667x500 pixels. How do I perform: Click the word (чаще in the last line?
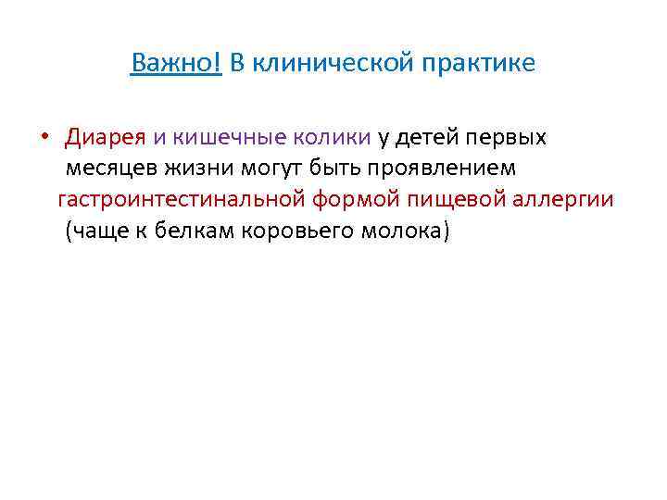tap(94, 231)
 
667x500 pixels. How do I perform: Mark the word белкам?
tap(192, 231)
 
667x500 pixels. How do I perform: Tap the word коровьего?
tap(296, 231)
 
